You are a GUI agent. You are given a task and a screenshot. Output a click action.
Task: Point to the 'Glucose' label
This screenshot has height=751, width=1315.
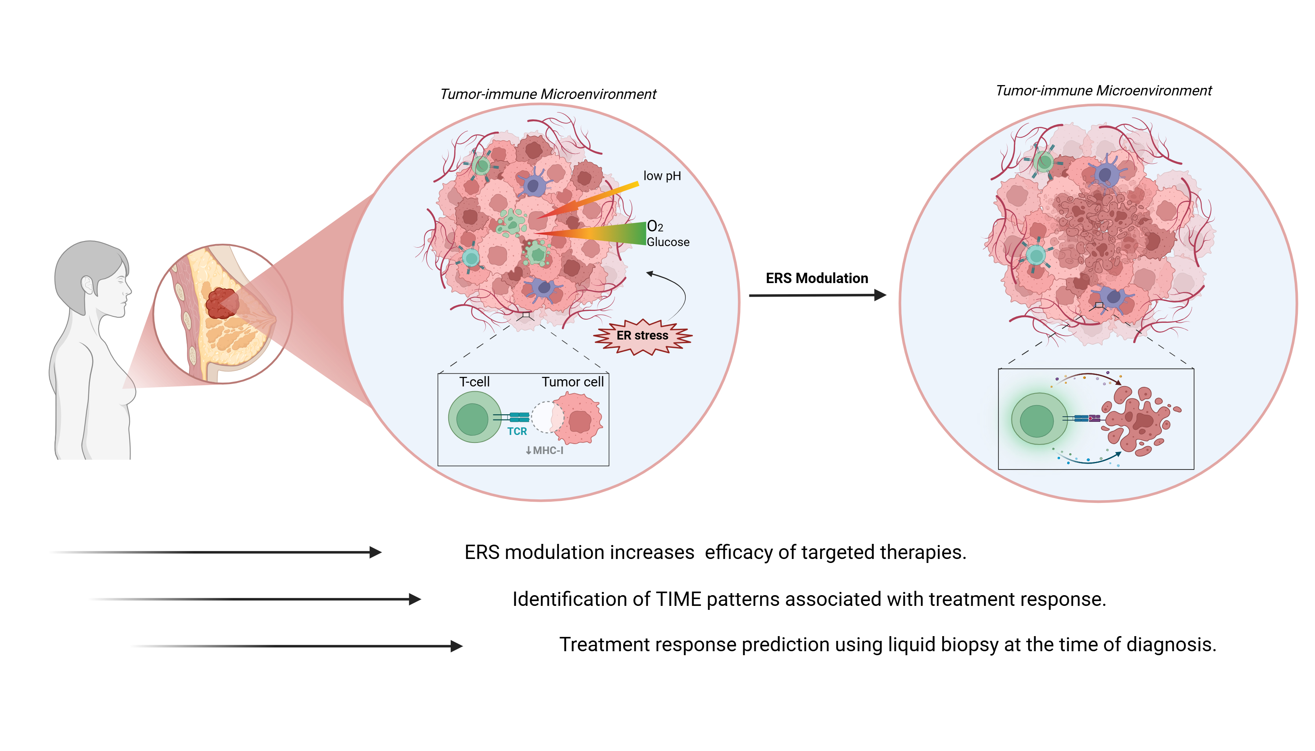[x=667, y=242]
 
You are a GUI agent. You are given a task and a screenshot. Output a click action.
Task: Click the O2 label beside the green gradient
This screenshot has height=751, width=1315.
[x=654, y=227]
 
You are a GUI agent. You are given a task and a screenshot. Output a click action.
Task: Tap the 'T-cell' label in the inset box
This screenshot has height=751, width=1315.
[x=474, y=382]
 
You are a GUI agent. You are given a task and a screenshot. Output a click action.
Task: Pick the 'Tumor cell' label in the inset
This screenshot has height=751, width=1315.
[x=572, y=382]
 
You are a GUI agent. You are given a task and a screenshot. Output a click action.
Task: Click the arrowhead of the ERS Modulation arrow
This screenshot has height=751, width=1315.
[x=880, y=295]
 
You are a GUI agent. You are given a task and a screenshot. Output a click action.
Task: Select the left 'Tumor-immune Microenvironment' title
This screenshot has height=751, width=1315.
[x=547, y=94]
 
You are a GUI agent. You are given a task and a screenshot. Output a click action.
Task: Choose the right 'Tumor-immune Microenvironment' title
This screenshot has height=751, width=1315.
[x=1103, y=91]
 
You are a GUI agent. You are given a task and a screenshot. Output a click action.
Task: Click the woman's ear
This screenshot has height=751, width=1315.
[x=88, y=285]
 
